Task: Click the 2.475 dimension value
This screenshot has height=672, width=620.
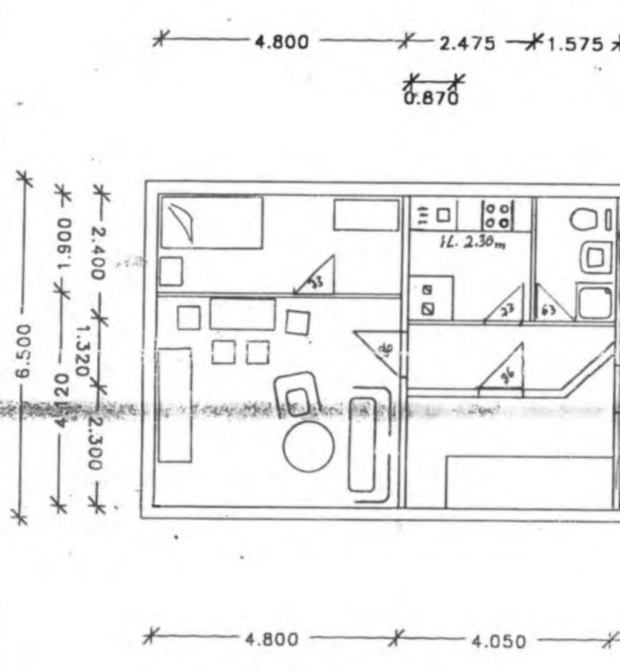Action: coord(467,43)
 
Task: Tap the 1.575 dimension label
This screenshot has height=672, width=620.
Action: coord(574,44)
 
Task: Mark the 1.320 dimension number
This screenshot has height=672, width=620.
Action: coord(86,349)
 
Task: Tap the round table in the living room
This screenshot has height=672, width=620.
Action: coord(308,449)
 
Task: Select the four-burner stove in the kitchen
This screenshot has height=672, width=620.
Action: coord(499,214)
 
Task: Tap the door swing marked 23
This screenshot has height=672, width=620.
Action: coord(507,306)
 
